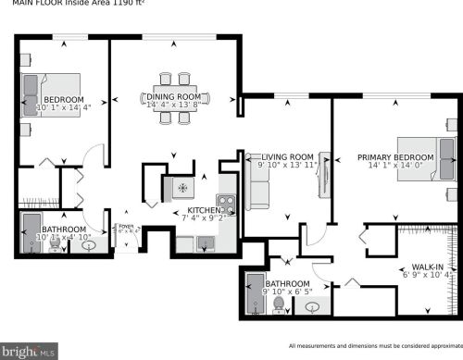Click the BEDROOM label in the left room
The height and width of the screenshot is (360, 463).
point(65,100)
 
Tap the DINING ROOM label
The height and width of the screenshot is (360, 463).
point(175,96)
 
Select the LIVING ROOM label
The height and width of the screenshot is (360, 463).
point(288,156)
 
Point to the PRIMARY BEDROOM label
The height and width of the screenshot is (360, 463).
point(395,158)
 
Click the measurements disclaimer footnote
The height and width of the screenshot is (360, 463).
point(375,345)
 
